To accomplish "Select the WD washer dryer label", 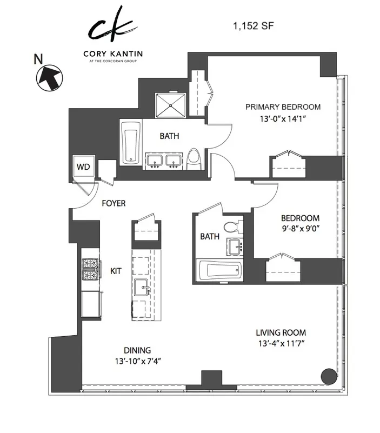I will click(83, 166).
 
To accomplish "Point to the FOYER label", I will click(114, 204).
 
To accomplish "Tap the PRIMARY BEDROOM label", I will click(283, 106).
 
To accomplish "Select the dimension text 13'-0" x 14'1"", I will click(283, 118).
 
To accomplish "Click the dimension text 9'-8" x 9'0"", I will click(300, 229).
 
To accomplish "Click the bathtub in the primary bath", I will click(130, 142).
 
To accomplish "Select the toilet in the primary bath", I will click(195, 158).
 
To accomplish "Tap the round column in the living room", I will click(328, 375).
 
